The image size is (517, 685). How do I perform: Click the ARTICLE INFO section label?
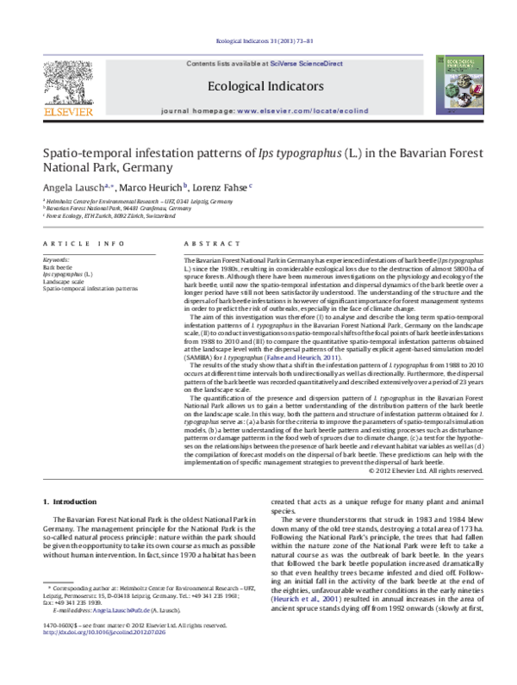click(75, 245)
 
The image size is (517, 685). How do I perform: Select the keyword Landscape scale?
click(65, 282)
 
